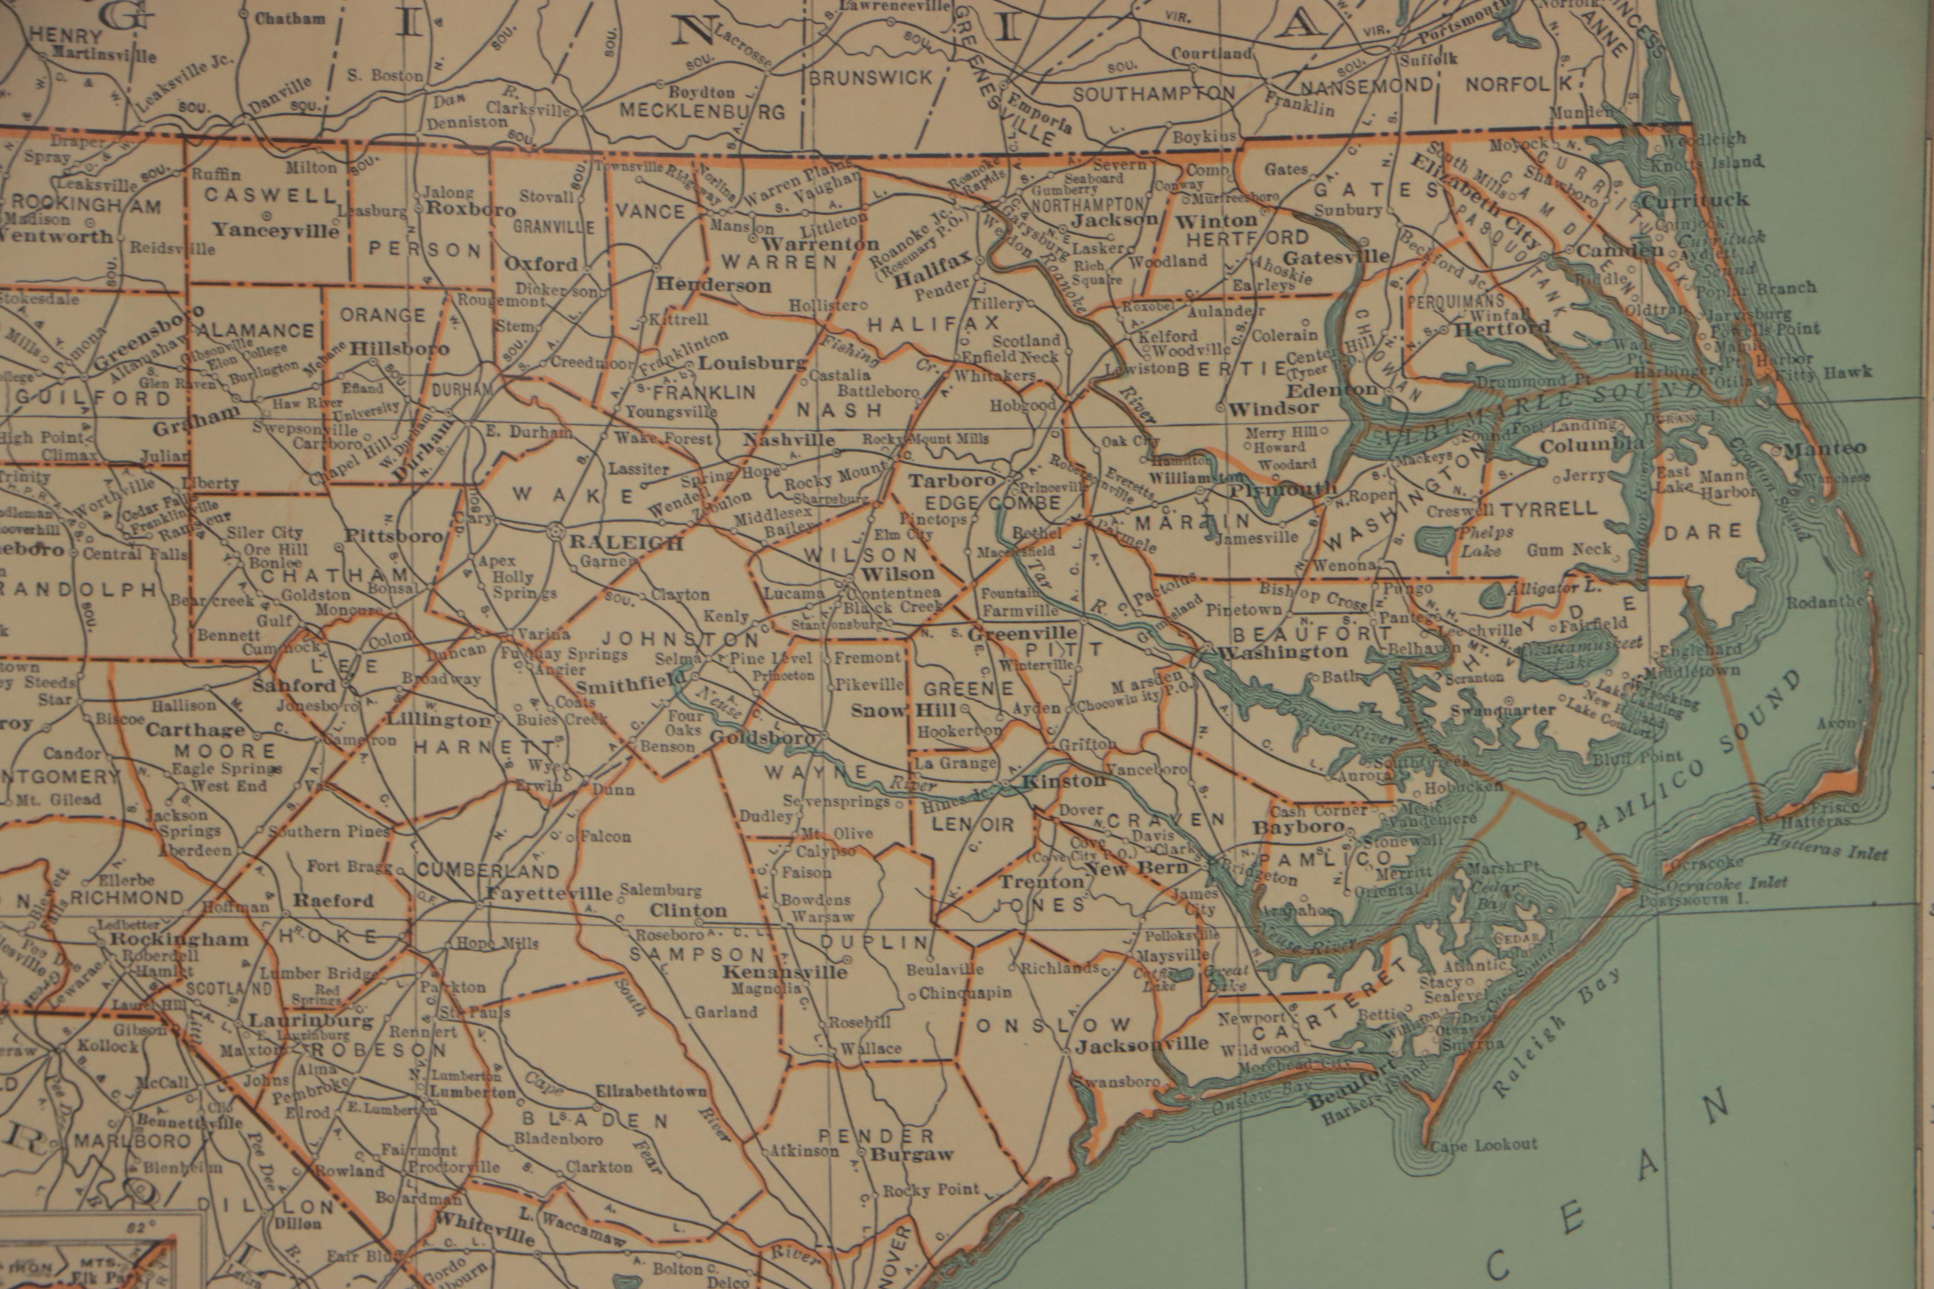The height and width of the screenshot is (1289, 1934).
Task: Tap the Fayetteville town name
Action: [549, 893]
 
